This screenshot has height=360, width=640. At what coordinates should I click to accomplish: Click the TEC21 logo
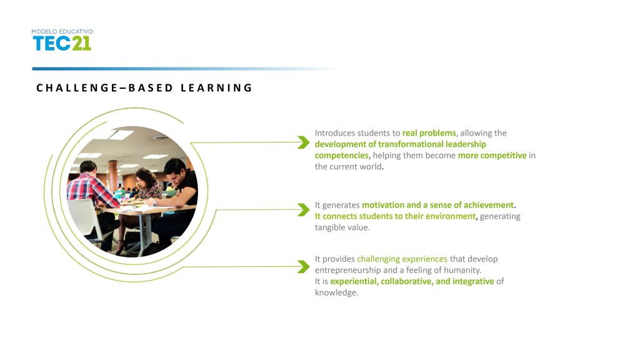[x=62, y=43]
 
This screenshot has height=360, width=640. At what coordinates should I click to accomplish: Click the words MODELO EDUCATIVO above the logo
[x=62, y=31]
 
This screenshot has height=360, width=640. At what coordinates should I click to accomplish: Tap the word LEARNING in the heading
[x=217, y=87]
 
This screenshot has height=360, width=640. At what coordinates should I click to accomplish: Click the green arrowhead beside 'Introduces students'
[x=304, y=142]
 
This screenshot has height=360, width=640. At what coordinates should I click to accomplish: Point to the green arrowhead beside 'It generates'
[x=304, y=210]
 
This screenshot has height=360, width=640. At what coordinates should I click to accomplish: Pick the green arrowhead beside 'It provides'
[x=304, y=267]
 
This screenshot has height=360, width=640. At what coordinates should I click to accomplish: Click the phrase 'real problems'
[x=429, y=133]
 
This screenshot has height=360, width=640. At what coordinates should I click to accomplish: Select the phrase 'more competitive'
[x=492, y=156]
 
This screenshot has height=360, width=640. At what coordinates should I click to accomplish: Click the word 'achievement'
[x=489, y=205]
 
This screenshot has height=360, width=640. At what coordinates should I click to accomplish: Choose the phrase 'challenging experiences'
[x=402, y=259]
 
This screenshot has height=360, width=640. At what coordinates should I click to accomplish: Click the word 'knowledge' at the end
[x=336, y=292]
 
